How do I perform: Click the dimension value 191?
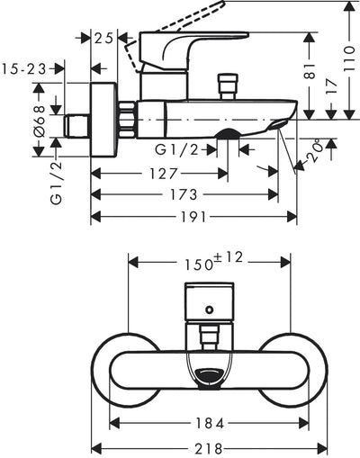coord(196,217)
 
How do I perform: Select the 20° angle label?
coord(314,157)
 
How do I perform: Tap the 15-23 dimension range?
coord(26,67)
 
